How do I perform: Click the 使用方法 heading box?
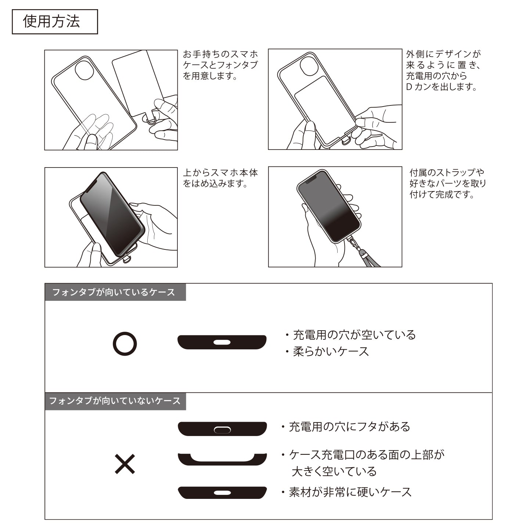tap(55, 22)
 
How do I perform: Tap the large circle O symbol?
tap(125, 344)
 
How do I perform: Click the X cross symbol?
tap(125, 464)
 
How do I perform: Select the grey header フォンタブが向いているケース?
tap(115, 292)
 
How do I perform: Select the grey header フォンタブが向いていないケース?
tap(115, 401)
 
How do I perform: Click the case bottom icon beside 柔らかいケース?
tap(222, 342)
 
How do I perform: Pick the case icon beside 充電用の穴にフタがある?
tap(222, 429)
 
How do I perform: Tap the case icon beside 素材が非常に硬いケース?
tap(222, 493)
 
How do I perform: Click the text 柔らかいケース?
tap(331, 352)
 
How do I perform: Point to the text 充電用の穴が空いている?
tap(354, 335)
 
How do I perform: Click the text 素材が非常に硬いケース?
tap(350, 492)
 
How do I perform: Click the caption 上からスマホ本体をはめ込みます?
tap(220, 178)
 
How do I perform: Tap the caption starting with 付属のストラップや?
tap(447, 183)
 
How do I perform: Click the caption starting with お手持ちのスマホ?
tap(220, 65)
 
